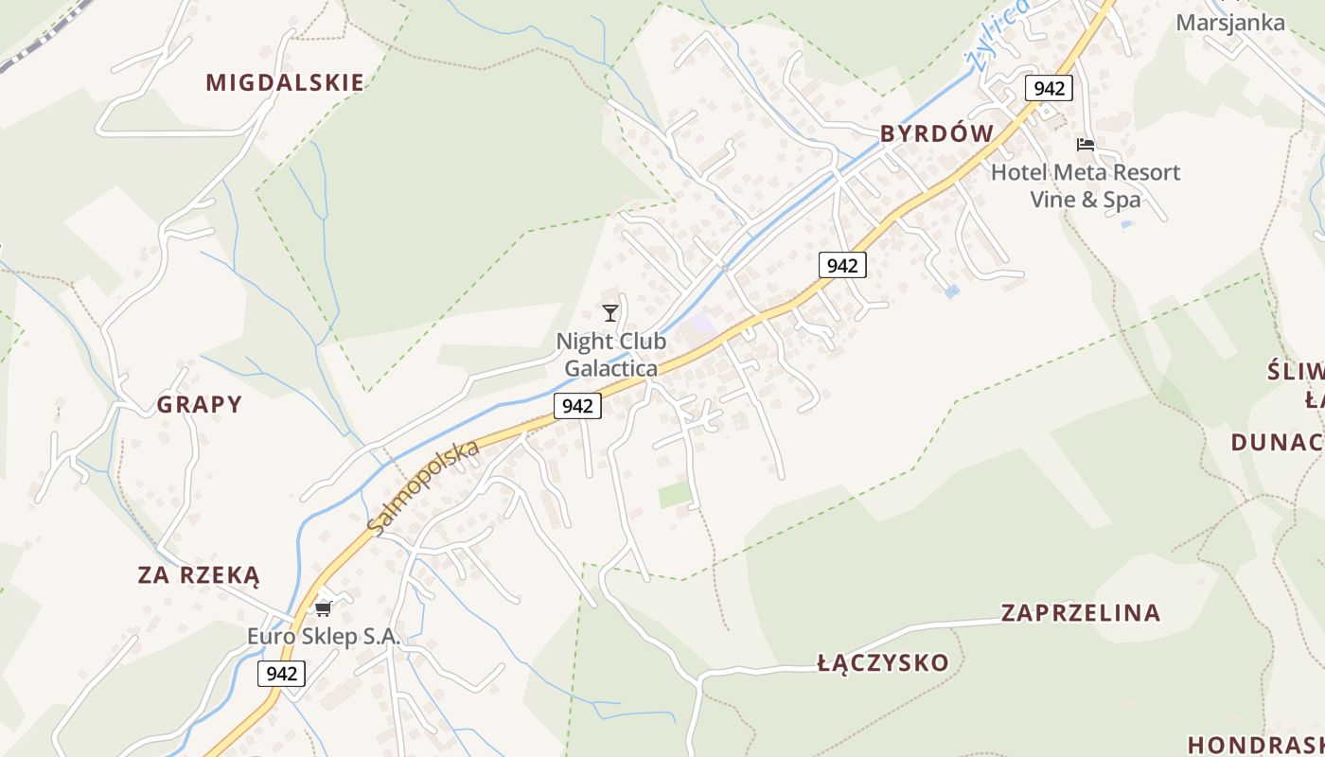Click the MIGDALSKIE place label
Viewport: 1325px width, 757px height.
pos(285,82)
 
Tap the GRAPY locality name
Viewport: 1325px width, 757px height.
pos(200,405)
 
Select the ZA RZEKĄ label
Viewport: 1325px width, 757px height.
pos(199,575)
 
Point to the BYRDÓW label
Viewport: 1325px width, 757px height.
pos(937,134)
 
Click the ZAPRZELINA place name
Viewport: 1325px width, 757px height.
pos(1081,613)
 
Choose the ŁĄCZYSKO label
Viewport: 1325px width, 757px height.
pos(883,662)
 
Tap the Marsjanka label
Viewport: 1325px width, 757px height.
pos(1230,22)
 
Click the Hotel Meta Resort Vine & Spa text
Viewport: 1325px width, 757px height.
pos(1086,185)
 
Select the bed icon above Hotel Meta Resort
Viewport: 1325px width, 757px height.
pos(1086,145)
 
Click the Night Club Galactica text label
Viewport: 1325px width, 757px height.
pos(611,354)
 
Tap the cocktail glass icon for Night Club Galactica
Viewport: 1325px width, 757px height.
pos(610,312)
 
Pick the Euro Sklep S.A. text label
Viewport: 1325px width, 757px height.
pos(324,636)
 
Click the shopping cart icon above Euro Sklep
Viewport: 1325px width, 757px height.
pos(324,607)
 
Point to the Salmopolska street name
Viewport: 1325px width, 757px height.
pos(423,487)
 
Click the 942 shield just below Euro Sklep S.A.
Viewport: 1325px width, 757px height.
pos(282,674)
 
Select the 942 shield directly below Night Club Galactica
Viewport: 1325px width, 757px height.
pos(577,406)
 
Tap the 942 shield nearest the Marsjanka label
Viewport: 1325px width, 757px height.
pos(1049,89)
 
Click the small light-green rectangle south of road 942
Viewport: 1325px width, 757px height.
pos(675,494)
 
